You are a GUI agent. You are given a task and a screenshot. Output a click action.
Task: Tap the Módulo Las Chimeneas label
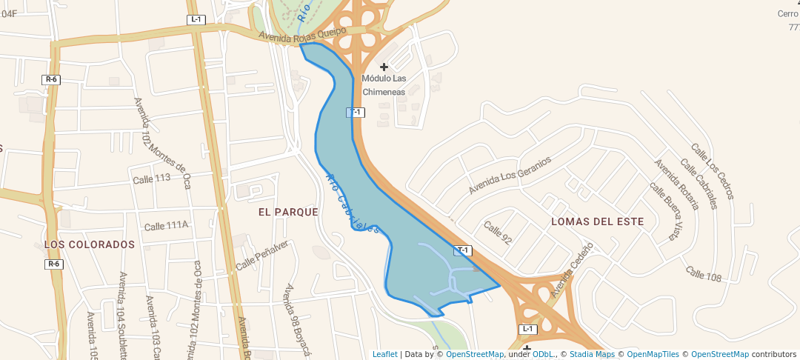pyautogui.click(x=384, y=85)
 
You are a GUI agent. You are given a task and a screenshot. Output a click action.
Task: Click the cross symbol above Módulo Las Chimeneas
pyautogui.click(x=384, y=67)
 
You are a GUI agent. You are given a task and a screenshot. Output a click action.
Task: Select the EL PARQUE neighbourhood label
pyautogui.click(x=288, y=212)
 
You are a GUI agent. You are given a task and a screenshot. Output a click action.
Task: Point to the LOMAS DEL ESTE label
pyautogui.click(x=598, y=221)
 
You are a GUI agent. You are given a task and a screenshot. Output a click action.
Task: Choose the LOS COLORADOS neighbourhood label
pyautogui.click(x=90, y=244)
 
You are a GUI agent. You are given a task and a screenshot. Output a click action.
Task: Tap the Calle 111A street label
pyautogui.click(x=167, y=226)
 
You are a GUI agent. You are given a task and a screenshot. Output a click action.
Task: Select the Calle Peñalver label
pyautogui.click(x=261, y=255)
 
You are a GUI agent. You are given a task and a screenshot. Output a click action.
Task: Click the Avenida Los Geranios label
pyautogui.click(x=510, y=176)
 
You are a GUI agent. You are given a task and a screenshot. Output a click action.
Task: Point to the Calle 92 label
pyautogui.click(x=498, y=232)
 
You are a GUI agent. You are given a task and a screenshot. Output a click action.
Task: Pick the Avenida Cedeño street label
pyautogui.click(x=572, y=265)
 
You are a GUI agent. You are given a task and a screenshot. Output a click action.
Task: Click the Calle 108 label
pyautogui.click(x=703, y=274)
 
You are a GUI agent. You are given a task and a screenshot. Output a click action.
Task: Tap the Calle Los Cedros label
pyautogui.click(x=712, y=172)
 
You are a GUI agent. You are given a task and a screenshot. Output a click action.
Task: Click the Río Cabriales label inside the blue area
pyautogui.click(x=353, y=204)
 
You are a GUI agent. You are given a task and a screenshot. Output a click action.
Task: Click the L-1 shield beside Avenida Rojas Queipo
pyautogui.click(x=196, y=19)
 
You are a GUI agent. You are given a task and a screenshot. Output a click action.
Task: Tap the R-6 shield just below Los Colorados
pyautogui.click(x=53, y=264)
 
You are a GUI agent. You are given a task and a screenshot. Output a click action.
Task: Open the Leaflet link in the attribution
pyautogui.click(x=384, y=354)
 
